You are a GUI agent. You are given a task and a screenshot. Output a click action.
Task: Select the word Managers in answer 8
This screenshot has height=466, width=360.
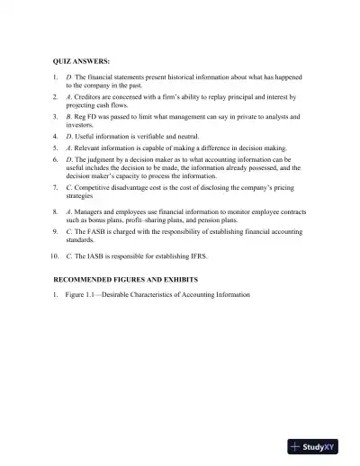point(92,210)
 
